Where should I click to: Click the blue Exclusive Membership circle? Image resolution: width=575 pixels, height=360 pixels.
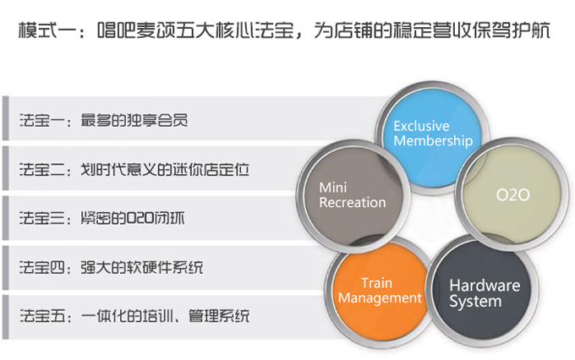(x=432, y=138)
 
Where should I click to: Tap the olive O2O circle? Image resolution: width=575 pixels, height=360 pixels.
(x=512, y=194)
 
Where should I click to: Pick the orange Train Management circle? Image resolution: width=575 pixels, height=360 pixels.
(x=380, y=293)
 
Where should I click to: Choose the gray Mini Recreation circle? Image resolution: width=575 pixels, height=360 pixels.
(x=353, y=196)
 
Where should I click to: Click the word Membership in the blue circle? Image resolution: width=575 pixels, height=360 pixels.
(x=433, y=141)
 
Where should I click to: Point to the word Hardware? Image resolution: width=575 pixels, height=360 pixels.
(x=485, y=286)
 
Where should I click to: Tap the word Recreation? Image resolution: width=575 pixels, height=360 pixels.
(x=353, y=202)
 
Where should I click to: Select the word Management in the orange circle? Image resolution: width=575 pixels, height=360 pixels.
(x=380, y=298)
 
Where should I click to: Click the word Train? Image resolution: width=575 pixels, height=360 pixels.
(x=376, y=283)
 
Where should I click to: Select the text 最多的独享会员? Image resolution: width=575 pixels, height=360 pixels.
(x=134, y=120)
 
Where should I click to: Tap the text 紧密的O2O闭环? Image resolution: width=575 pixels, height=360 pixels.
(x=133, y=219)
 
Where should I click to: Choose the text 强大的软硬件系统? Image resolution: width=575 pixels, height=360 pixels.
(x=141, y=267)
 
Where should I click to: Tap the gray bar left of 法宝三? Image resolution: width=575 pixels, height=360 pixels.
(x=5, y=218)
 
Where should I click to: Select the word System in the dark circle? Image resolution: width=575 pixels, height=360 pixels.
(x=475, y=302)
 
